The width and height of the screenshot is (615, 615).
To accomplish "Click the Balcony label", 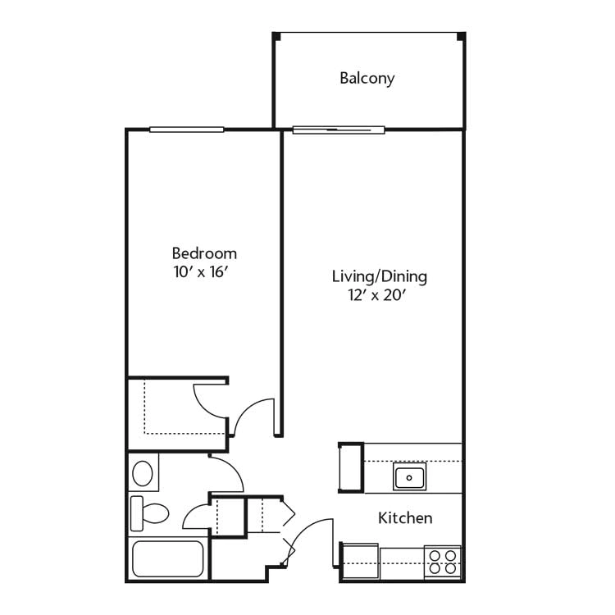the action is coord(367,79).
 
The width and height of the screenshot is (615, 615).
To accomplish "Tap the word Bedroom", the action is coord(204,253).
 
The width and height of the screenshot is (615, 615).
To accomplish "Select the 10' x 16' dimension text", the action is coord(201,271).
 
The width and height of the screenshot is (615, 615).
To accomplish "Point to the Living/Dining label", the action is coord(380,276).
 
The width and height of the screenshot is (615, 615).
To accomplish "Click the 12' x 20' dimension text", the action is coord(376,295).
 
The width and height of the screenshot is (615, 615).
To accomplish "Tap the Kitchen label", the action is coord(405,518).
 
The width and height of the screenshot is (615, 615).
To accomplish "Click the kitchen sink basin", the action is coord(409,477).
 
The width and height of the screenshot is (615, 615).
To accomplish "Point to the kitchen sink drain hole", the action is coord(409,478).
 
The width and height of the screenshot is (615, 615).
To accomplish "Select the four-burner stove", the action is coord(443,562).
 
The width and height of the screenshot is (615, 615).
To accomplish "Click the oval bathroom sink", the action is coord(143,473).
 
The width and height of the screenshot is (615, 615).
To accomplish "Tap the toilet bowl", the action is coord(155,513).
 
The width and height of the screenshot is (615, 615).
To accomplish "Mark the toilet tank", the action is coord(136,513).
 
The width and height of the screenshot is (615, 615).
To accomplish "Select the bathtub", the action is coord(168,559).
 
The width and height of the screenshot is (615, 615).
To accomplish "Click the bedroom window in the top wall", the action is coord(187,130).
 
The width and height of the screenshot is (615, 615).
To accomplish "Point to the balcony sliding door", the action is coord(339,130).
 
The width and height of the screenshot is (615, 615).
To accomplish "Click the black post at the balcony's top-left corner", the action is coord(276,36).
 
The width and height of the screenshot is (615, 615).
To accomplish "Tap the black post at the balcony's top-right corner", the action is coord(461,36).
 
